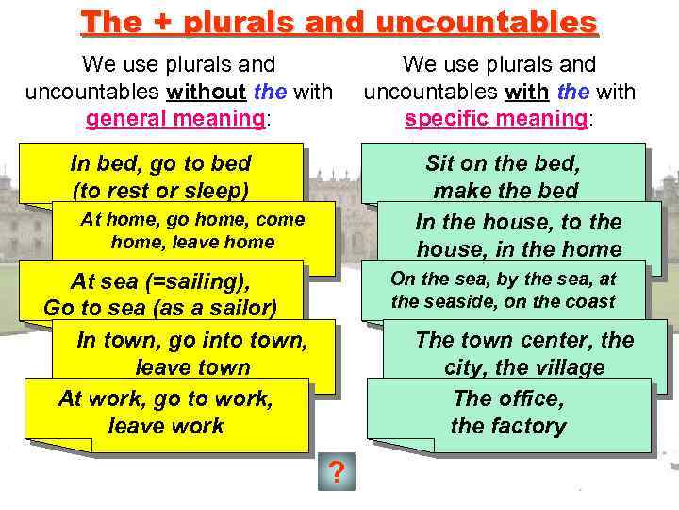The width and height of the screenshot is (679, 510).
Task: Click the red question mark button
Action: [x=335, y=471]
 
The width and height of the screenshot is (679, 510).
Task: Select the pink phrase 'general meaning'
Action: [x=174, y=119]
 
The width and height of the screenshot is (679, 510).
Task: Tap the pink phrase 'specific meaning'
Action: [x=494, y=119]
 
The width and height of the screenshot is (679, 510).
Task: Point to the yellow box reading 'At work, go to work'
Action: [x=166, y=412]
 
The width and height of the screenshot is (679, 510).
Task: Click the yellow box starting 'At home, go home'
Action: [x=192, y=231]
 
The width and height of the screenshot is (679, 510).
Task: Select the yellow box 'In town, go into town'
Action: [x=192, y=353]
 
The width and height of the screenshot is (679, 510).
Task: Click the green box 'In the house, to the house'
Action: [x=519, y=235]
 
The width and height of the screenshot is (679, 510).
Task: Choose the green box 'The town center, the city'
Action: [x=524, y=353]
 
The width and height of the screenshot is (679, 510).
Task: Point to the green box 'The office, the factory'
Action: [x=508, y=412]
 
